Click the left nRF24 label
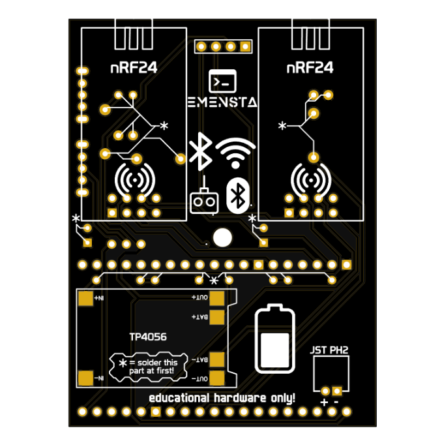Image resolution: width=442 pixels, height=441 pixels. tap(134, 67)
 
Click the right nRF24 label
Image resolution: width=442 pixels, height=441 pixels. tap(310, 67)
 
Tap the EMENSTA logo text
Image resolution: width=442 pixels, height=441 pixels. tap(222, 102)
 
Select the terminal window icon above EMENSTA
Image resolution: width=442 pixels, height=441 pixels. tap(222, 81)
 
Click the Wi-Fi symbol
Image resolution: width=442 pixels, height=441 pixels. tap(236, 153)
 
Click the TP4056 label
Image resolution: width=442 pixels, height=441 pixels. tap(147, 337)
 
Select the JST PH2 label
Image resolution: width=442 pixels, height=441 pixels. tap(329, 350)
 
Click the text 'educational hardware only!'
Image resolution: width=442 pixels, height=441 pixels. tap(222, 397)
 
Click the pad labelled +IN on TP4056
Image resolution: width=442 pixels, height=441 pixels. tap(85, 298)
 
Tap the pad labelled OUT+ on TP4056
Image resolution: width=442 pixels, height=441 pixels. tap(217, 297)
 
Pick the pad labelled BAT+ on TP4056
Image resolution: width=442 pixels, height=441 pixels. tap(217, 317)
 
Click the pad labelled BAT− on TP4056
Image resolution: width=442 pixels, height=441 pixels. tap(217, 359)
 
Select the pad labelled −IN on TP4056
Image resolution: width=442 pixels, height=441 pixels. tap(85, 378)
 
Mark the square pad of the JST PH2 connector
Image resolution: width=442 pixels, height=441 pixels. tap(337, 391)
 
